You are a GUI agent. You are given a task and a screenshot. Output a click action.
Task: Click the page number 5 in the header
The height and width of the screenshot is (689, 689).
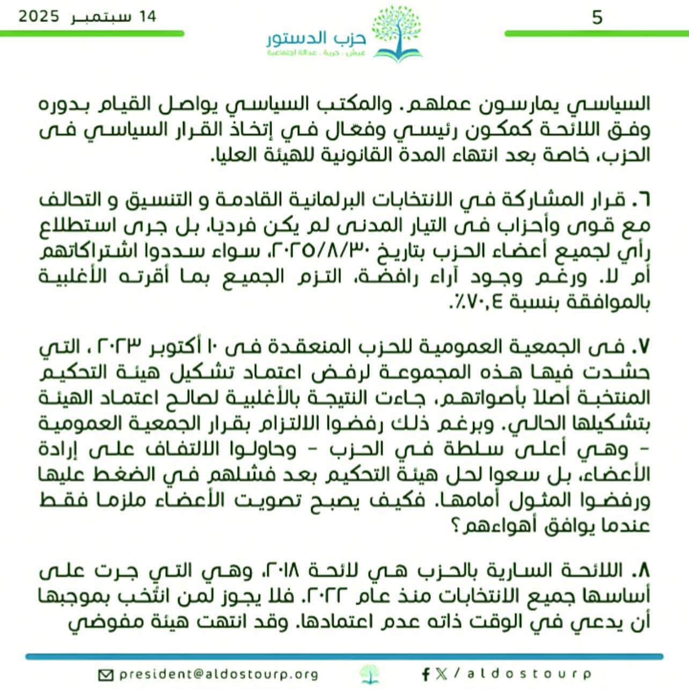point(597,18)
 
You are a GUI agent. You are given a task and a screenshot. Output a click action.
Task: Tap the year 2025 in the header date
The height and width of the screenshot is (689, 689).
point(39,16)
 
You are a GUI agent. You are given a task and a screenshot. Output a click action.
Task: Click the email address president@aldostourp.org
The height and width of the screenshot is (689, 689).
point(219,674)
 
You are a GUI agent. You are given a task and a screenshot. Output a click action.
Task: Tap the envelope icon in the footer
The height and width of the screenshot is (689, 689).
point(107,675)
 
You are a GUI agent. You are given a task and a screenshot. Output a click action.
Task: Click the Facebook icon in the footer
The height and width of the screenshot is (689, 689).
point(426,674)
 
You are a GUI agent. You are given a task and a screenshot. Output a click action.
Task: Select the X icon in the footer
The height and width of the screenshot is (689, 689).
point(441,674)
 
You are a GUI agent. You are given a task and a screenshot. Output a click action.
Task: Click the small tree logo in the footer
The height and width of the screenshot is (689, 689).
point(369,674)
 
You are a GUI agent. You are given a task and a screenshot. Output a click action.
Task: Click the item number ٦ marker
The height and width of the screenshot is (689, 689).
point(642,201)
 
